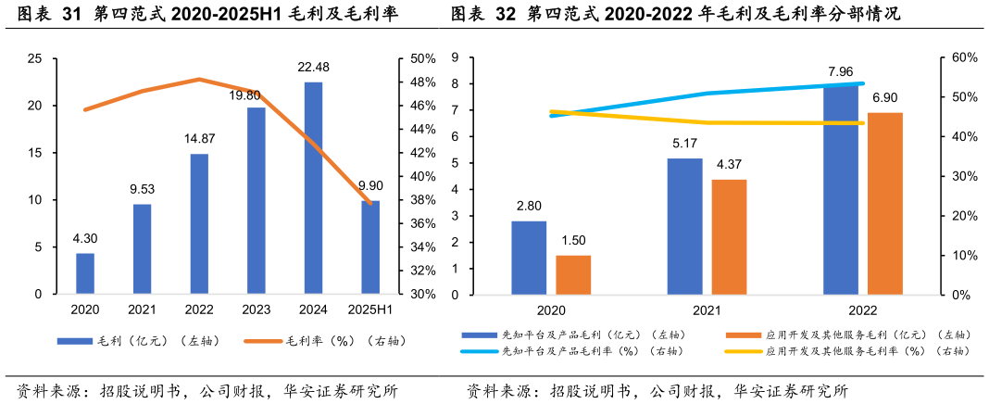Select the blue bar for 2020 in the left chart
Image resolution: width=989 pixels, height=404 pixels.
click(x=85, y=273)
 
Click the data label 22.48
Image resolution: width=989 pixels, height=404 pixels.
click(x=313, y=67)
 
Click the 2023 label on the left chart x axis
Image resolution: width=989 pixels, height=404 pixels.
click(x=257, y=309)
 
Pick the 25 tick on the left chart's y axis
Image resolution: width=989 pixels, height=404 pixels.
click(x=35, y=58)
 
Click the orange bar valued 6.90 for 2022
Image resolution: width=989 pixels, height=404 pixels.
click(x=884, y=204)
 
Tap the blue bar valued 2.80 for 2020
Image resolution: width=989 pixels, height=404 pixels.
click(x=529, y=258)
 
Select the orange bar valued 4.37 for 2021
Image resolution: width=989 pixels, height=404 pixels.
click(x=729, y=236)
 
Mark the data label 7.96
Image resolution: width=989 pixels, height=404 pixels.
click(x=841, y=71)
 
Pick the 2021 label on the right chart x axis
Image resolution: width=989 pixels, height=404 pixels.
click(x=707, y=311)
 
